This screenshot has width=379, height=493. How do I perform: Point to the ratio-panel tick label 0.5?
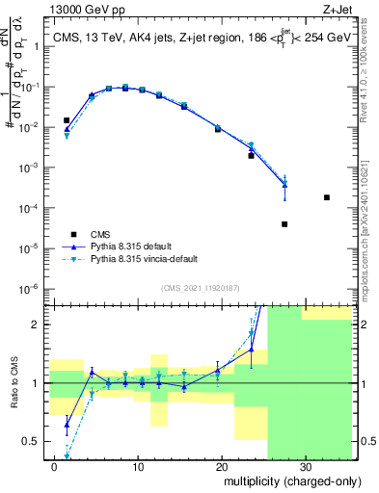pyautogui.click(x=34, y=441)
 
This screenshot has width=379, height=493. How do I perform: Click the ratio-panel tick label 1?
pyautogui.click(x=39, y=383)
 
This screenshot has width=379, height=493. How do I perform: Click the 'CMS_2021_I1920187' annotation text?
pyautogui.click(x=199, y=287)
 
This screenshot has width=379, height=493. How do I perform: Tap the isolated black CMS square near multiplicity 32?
pyautogui.click(x=327, y=197)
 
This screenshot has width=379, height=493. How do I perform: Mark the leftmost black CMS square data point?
pyautogui.click(x=67, y=120)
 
